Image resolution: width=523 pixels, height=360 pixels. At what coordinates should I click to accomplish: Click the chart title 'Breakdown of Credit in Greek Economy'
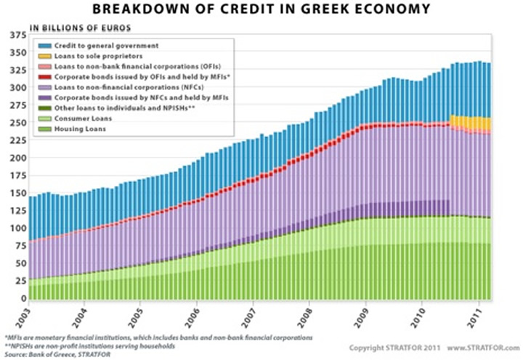[x=261, y=9]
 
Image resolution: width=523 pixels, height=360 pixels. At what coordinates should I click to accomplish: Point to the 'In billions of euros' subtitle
[x=81, y=28]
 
